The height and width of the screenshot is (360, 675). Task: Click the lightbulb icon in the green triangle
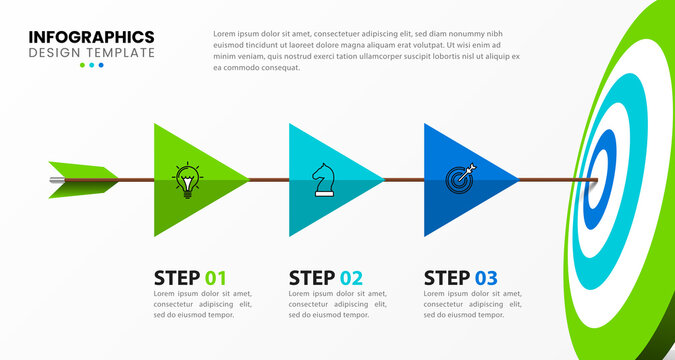tap(186, 180)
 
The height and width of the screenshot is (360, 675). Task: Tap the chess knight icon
tap(323, 180)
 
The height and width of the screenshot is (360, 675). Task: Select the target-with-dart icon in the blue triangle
tap(461, 179)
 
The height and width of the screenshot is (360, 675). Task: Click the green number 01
tap(216, 278)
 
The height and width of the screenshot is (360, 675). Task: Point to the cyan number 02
tap(351, 278)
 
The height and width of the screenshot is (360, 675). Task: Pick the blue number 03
tap(486, 278)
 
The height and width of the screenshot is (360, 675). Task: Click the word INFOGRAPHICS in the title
tap(91, 37)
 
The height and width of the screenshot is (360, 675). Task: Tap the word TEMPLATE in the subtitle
tap(122, 53)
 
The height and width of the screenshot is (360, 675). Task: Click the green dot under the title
tap(82, 65)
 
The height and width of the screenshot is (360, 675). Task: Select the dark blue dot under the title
tap(101, 65)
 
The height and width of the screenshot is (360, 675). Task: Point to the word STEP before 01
tap(177, 278)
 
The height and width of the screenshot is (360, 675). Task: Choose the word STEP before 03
tap(447, 278)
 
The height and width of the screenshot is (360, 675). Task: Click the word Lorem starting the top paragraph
tap(224, 33)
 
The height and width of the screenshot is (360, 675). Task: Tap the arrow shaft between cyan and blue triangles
tap(403, 180)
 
